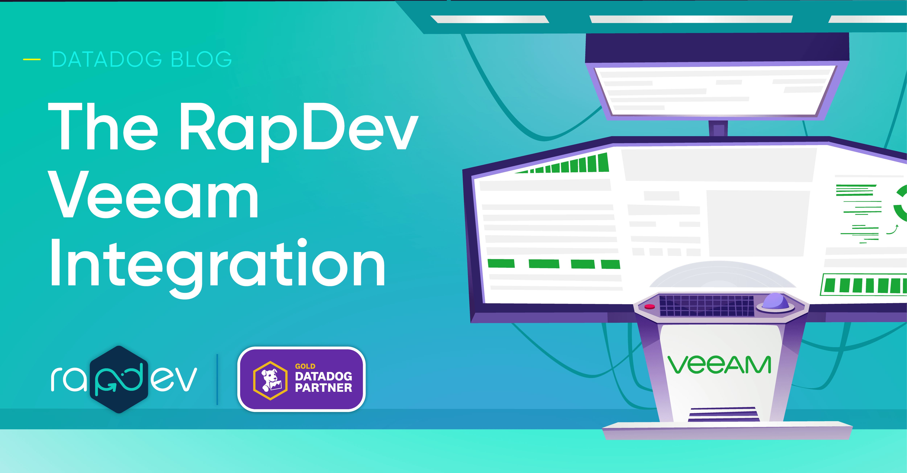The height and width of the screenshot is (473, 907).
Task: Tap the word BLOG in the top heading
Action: coord(201,59)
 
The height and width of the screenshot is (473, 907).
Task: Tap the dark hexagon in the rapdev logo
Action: coord(119,379)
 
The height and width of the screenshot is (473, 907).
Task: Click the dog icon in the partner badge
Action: coord(270,380)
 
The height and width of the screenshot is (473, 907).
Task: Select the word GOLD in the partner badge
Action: coord(305,366)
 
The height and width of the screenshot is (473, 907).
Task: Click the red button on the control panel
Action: coord(650,307)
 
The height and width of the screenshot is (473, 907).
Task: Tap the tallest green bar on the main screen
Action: coord(603,162)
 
